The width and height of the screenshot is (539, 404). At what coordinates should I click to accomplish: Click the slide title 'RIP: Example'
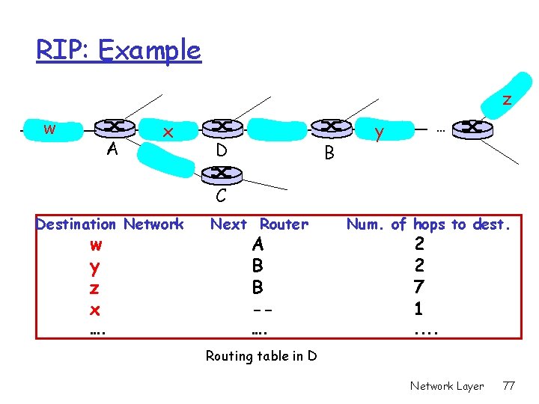119,50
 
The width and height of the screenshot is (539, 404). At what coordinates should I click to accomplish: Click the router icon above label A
119,127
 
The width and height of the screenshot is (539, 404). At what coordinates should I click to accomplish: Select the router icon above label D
222,127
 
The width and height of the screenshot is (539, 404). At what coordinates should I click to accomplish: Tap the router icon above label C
222,173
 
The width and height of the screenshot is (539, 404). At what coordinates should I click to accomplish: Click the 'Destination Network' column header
110,224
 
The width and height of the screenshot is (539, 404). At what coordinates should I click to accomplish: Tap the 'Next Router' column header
259,224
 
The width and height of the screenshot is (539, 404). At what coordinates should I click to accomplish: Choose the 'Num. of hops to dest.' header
428,224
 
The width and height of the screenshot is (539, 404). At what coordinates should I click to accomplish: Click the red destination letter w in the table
95,245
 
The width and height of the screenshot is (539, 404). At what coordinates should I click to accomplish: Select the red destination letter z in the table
95,288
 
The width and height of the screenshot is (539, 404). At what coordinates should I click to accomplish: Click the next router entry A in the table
258,244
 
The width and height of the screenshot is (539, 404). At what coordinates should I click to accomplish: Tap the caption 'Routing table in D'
261,356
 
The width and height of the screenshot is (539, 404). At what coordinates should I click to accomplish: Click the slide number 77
509,386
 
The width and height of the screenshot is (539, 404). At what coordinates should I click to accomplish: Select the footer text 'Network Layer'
447,386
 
